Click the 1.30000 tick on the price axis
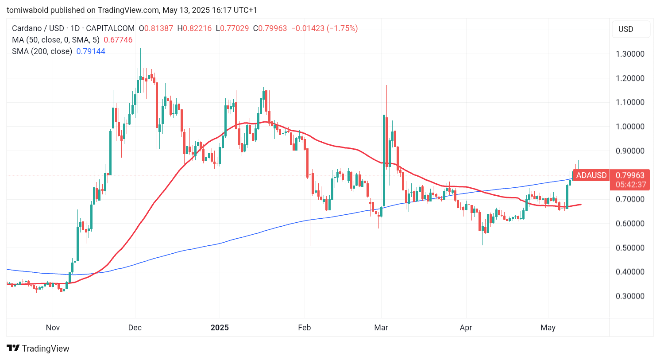[630, 54]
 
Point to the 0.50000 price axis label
[630, 248]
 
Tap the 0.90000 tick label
[630, 151]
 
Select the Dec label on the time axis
[135, 328]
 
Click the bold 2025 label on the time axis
[220, 328]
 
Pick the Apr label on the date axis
[466, 328]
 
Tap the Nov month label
[53, 328]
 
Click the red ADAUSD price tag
[591, 175]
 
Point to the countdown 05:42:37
[631, 185]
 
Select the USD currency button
[625, 29]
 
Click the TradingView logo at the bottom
[38, 348]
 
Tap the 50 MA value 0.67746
[118, 40]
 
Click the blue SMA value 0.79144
[91, 51]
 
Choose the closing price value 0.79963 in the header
[272, 28]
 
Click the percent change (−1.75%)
[342, 28]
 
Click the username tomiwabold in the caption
[27, 10]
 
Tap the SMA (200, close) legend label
[42, 51]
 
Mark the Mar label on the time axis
[381, 328]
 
